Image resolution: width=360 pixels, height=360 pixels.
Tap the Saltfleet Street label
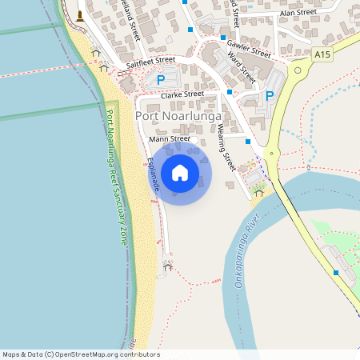tap(150, 60)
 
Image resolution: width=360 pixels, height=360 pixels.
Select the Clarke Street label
tap(182, 94)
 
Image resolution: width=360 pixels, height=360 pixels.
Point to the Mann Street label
tap(170, 139)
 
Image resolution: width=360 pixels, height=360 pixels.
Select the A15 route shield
tap(322, 54)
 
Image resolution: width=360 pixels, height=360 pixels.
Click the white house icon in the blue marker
tap(180, 172)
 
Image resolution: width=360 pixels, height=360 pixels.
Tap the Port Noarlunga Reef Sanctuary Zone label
tap(117, 177)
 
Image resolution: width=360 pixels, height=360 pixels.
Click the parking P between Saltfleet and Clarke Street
tap(161, 80)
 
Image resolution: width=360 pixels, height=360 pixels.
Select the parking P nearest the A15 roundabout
tap(270, 96)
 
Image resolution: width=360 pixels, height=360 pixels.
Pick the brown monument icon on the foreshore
tap(80, 15)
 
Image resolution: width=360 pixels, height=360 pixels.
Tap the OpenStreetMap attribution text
tap(81, 354)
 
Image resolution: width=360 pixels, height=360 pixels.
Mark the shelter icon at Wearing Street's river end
tap(258, 192)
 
